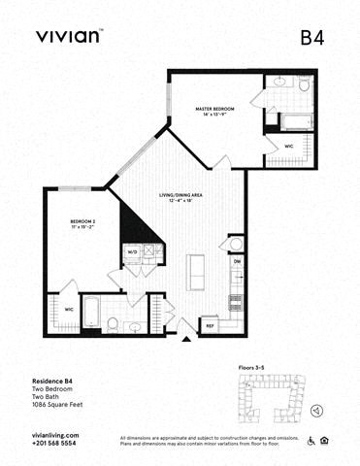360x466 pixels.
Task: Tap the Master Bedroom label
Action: click(x=214, y=112)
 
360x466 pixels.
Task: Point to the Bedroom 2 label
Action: click(x=82, y=225)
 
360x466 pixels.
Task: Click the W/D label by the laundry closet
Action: click(x=133, y=251)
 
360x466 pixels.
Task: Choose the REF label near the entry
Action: click(x=210, y=326)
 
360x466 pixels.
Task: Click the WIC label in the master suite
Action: click(x=289, y=146)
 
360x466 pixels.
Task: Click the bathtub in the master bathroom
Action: click(x=295, y=122)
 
